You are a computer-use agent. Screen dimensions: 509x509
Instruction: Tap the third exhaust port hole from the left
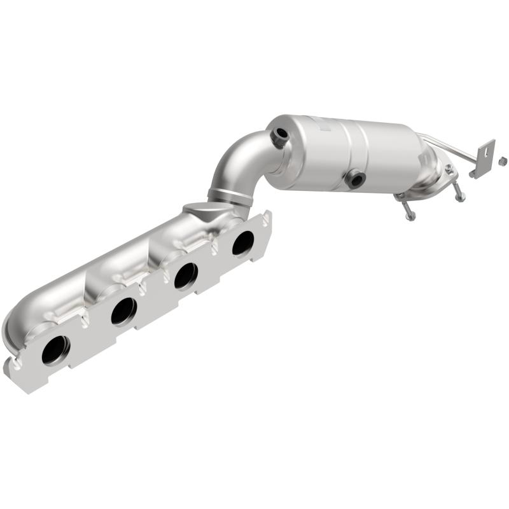pos(186,275)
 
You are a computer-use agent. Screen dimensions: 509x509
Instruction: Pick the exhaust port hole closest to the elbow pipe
pos(242,242)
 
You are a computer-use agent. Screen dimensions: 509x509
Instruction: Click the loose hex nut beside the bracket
pos(503,158)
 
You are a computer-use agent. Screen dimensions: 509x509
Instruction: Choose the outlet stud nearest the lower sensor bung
pos(408,211)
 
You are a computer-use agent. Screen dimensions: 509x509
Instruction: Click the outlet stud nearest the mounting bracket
pos(459,194)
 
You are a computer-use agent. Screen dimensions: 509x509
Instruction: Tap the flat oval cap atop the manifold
pos(197,208)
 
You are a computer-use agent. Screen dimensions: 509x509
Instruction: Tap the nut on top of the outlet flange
pos(449,169)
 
